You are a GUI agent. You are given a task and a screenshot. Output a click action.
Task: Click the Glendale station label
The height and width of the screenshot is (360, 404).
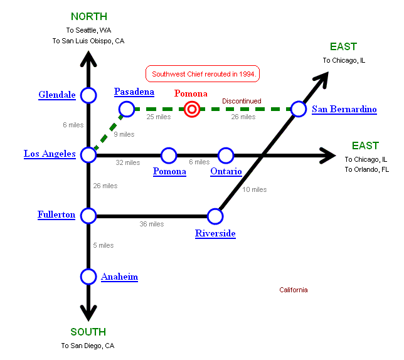pos(57,95)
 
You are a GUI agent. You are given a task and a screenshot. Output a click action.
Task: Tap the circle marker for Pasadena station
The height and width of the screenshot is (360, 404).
pos(126,109)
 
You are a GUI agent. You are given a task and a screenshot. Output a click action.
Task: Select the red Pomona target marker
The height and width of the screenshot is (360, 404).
pos(193,110)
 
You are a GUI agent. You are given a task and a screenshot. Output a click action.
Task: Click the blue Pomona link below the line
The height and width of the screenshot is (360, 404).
pos(170,171)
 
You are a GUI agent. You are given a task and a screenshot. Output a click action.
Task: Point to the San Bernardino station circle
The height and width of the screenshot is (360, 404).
pos(299,109)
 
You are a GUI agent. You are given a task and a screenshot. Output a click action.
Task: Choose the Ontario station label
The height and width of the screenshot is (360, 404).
pos(226,171)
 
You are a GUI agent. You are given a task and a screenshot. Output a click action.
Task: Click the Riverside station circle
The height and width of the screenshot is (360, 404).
pos(215,216)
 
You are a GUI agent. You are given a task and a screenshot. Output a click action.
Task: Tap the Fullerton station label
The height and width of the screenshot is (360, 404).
pos(56,215)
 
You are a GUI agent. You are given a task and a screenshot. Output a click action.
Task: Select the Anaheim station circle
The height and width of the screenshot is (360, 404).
pos(88,276)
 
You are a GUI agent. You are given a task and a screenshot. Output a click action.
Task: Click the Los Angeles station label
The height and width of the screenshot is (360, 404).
pos(50,154)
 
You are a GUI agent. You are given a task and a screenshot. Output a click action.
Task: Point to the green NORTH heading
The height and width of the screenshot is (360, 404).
pos(88,16)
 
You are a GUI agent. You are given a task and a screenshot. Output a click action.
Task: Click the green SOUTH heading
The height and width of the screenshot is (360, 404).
pos(88,332)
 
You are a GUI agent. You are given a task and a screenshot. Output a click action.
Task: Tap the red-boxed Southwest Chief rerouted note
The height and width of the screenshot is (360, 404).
pos(203,73)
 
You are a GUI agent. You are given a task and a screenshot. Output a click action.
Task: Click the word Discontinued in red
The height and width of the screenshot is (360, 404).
pos(242,101)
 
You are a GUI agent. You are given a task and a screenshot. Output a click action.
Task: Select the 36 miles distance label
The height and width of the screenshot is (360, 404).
pos(151,224)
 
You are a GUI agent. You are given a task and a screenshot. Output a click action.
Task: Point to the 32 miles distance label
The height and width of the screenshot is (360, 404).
pos(128,162)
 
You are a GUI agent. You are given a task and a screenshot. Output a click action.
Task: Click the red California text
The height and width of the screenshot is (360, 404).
pos(294,290)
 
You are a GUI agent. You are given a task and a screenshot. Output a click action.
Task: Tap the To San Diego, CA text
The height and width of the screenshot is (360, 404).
pos(88,346)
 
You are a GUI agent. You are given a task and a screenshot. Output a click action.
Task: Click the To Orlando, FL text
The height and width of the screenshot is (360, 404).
pos(366,169)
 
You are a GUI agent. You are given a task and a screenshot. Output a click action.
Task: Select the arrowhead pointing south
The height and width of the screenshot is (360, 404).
pos(88,311)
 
